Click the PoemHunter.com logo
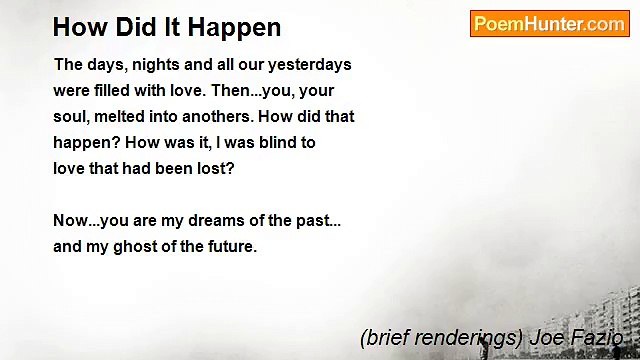point(549,24)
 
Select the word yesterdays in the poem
point(309,65)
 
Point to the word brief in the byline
point(384,338)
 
